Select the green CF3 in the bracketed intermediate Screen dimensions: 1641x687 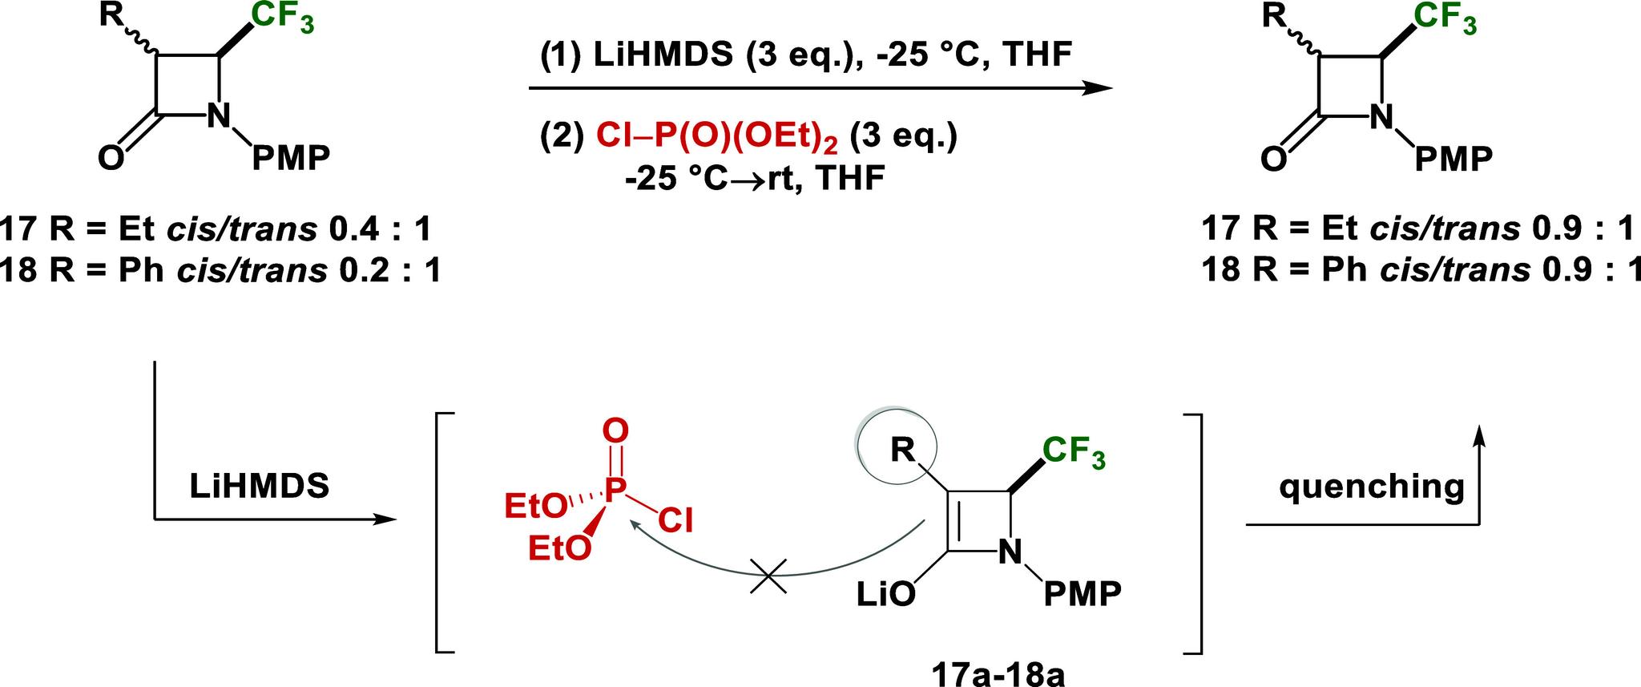point(1075,453)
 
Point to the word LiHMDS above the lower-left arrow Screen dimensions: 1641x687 point(260,487)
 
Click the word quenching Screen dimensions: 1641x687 point(1372,487)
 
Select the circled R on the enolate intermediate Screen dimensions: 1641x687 point(904,451)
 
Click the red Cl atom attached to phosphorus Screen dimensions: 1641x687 point(676,521)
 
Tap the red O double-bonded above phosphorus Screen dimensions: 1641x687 point(615,431)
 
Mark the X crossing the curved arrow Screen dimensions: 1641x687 point(768,575)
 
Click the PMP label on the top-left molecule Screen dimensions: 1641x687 point(291,158)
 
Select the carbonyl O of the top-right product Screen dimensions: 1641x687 point(1273,158)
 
